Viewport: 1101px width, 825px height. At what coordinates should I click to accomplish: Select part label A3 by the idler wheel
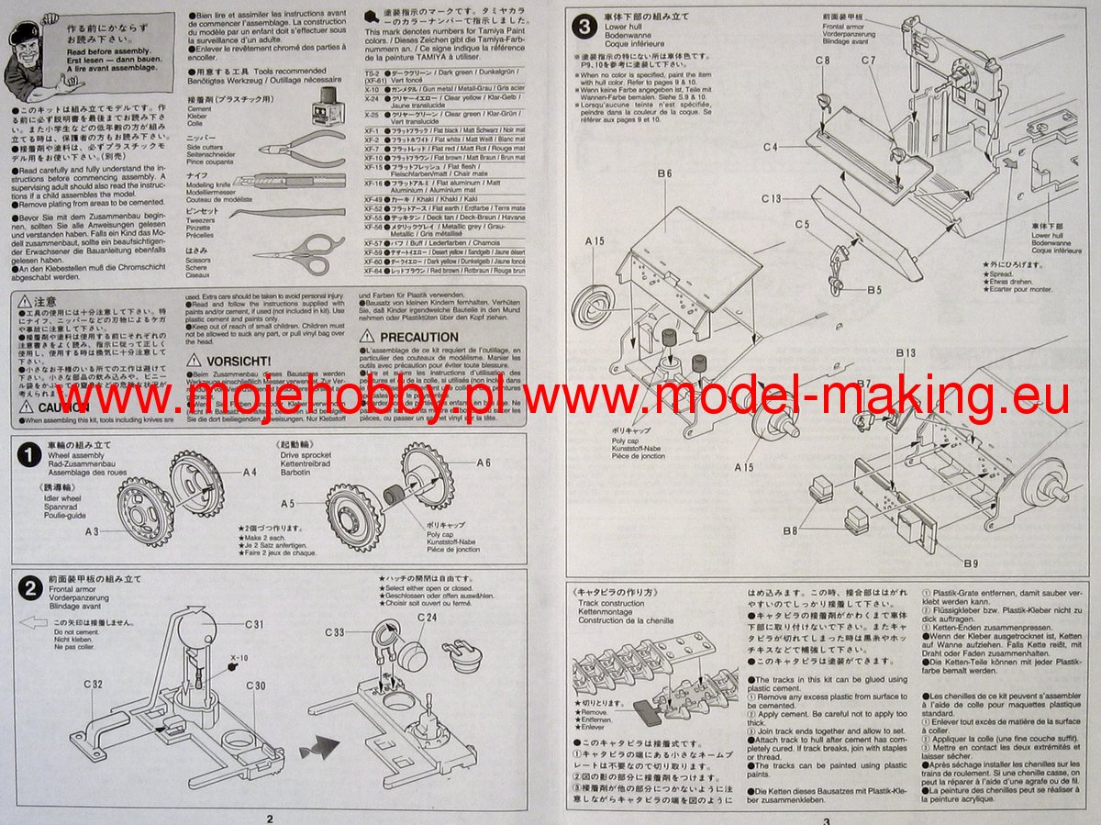point(91,531)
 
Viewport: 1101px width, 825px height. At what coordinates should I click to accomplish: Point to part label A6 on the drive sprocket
point(484,463)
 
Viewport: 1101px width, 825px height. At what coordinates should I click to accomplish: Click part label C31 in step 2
point(255,624)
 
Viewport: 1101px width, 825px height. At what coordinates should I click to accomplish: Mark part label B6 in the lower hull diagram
point(664,173)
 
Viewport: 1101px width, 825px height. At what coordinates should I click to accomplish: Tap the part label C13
point(771,199)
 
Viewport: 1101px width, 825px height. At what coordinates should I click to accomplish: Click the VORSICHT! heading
point(239,361)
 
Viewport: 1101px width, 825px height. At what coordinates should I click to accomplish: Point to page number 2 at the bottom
point(269,819)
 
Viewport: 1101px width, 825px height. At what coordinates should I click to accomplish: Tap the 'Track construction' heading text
point(610,604)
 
